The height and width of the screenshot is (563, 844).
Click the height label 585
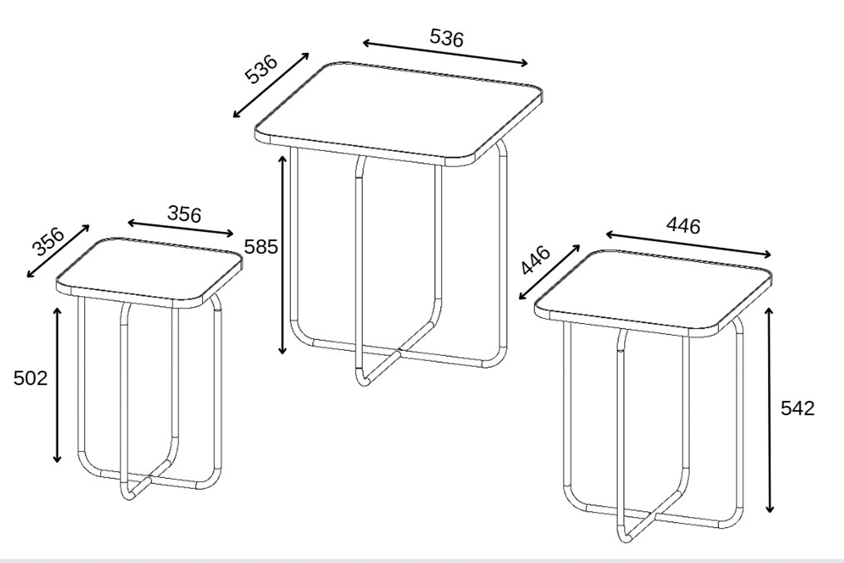pyautogui.click(x=261, y=247)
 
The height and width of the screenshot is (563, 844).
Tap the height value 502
pyautogui.click(x=30, y=378)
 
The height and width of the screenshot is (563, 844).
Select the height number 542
pyautogui.click(x=797, y=409)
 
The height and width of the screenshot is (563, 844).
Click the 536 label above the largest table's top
pyautogui.click(x=447, y=38)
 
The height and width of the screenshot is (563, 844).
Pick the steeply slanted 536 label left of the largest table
pyautogui.click(x=261, y=69)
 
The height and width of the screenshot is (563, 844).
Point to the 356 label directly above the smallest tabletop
pyautogui.click(x=184, y=214)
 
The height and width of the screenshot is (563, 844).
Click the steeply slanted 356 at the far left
pyautogui.click(x=48, y=242)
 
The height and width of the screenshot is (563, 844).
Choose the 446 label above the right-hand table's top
pyautogui.click(x=684, y=226)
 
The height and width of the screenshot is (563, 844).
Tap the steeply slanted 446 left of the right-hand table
pyautogui.click(x=535, y=260)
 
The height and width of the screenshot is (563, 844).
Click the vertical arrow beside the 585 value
pyautogui.click(x=283, y=255)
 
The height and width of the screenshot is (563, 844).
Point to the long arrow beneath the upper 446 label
pyautogui.click(x=688, y=245)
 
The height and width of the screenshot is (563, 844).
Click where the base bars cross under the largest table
pyautogui.click(x=399, y=352)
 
